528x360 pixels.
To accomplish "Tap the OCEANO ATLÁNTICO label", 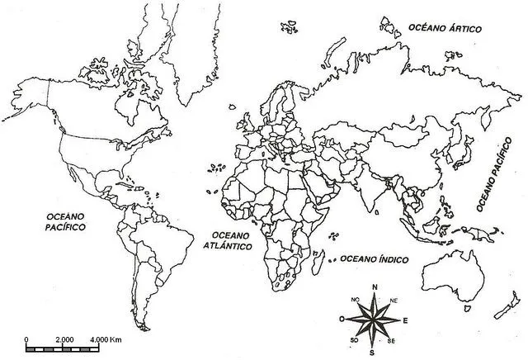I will coord(227,240).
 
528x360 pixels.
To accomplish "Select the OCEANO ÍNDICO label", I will coord(375,258).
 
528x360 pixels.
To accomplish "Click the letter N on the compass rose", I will coord(375,287).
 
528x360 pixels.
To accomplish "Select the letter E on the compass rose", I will coord(405,318).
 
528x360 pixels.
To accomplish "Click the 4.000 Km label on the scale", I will coord(106,340).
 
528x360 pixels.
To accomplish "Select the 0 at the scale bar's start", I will coord(28,340).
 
